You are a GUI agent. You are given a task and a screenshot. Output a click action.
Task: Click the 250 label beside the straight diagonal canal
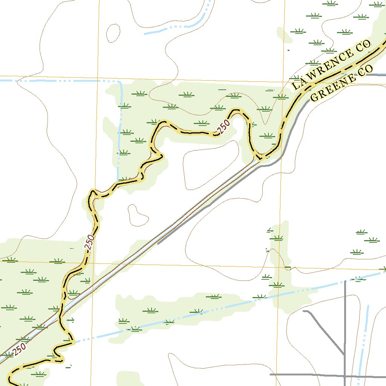pos(19,350)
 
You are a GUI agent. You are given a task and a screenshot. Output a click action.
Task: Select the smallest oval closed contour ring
pos(113,33)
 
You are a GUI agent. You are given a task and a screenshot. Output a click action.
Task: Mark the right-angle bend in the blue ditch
pos(120,82)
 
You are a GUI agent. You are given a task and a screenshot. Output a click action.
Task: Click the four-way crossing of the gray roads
pos(345,375)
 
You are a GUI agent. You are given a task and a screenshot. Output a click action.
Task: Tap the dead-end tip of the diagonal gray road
pos(304,311)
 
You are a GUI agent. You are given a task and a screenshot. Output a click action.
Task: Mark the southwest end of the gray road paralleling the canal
pos(158,244)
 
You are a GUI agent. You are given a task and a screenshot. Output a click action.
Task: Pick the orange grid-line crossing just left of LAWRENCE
pos(284,81)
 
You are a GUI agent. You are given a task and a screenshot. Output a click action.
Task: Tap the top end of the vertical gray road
pos(345,281)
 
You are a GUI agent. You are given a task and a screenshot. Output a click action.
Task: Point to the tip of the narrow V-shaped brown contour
pos(265,123)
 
